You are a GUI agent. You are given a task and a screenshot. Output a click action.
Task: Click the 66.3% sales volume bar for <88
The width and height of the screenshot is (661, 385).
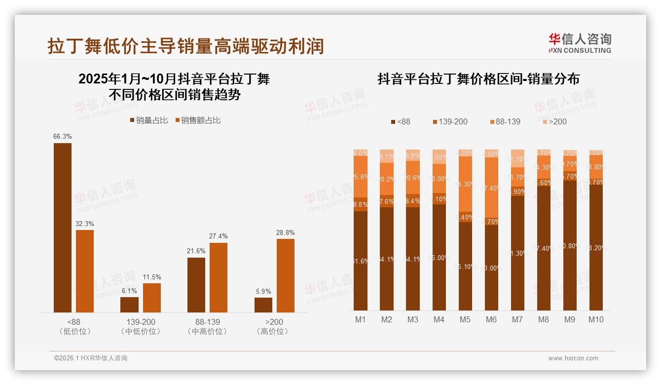63,228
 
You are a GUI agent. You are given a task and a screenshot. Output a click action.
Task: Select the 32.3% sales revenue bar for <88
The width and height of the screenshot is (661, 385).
85,271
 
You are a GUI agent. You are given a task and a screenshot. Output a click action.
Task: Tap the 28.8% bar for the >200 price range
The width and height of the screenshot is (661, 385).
286,275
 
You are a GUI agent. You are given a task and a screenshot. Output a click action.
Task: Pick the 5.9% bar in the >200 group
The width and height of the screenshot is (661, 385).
263,305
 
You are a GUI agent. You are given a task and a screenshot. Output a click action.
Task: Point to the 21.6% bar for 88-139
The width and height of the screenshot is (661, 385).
196,285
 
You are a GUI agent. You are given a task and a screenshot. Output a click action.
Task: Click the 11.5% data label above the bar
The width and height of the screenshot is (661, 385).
152,277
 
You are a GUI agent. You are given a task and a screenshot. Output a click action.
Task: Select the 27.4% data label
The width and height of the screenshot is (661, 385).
219,236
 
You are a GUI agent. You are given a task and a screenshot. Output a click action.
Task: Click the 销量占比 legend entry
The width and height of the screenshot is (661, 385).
149,120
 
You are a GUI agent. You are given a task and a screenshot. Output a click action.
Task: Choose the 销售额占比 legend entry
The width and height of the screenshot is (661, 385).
197,120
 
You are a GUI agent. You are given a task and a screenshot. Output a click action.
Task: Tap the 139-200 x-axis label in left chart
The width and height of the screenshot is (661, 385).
141,322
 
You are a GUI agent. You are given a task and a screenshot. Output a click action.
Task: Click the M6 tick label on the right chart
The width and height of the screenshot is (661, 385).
491,319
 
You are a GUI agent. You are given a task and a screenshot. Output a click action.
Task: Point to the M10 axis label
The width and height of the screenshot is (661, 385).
596,319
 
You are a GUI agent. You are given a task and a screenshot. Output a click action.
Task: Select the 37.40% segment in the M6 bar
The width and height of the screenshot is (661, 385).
491,188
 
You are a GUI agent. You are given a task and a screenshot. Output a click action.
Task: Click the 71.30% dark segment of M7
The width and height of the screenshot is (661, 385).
517,253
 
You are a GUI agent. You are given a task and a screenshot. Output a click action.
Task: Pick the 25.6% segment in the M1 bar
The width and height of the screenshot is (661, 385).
361,177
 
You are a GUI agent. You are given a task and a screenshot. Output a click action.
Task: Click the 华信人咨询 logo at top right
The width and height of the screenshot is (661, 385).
580,43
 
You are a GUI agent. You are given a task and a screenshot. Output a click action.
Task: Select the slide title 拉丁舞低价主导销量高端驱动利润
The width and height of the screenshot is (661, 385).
185,46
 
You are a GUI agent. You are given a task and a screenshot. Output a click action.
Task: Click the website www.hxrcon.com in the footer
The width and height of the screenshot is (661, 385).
573,358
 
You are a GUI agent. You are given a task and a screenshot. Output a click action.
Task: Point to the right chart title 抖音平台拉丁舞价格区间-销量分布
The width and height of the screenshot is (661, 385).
478,79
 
